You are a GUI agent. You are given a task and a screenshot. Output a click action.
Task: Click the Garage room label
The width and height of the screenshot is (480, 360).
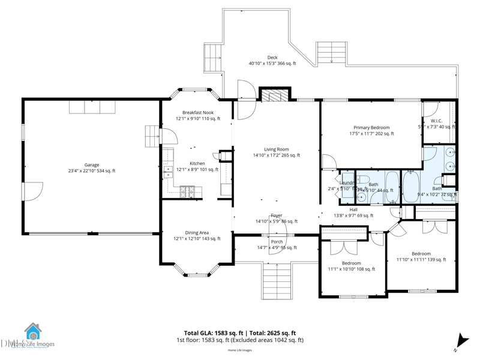(x=92, y=165)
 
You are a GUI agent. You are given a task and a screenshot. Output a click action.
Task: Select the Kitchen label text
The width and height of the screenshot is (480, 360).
(x=197, y=163)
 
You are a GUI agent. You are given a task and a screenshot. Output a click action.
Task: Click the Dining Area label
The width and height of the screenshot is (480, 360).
(x=197, y=233)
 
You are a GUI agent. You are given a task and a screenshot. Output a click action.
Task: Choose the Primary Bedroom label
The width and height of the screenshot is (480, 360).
(x=371, y=128)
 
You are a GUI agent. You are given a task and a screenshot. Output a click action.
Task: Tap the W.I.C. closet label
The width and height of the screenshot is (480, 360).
(x=436, y=121)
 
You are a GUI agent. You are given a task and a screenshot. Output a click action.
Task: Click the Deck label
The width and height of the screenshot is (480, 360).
(x=272, y=58)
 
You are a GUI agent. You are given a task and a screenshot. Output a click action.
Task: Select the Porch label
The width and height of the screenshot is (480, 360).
(x=277, y=242)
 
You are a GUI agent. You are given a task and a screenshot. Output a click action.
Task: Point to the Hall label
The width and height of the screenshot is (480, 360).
(x=353, y=209)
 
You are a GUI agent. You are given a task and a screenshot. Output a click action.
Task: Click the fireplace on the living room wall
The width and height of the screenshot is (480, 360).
(x=275, y=95)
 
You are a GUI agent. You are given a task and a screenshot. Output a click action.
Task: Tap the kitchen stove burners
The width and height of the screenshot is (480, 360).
(x=188, y=191)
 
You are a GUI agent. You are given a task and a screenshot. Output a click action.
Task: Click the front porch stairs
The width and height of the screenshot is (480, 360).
(x=277, y=280)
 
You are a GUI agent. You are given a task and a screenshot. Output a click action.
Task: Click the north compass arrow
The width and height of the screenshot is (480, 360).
(x=460, y=340)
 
